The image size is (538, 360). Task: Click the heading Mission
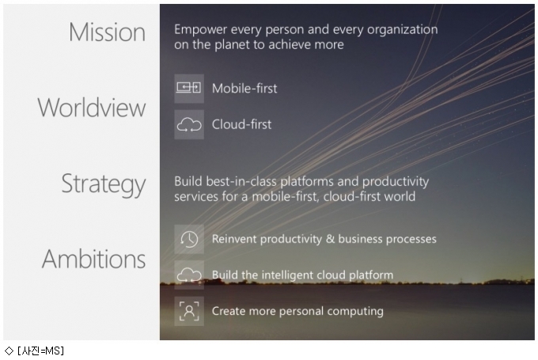[107, 32]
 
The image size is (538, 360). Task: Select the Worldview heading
[92, 108]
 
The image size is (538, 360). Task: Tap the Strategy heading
[104, 184]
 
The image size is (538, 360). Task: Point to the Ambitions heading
[93, 259]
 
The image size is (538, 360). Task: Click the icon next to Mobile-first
[189, 88]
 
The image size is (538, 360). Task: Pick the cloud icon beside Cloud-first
[189, 124]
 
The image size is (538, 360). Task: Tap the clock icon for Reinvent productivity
[189, 239]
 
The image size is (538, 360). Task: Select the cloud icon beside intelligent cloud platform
[189, 275]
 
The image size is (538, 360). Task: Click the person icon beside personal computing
[189, 311]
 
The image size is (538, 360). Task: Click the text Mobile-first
[244, 89]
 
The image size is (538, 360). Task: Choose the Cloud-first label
[241, 124]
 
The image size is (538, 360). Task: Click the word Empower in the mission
[201, 30]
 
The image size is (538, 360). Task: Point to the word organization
[403, 30]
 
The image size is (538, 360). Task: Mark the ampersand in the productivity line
[330, 239]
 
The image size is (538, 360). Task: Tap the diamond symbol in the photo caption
[9, 351]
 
